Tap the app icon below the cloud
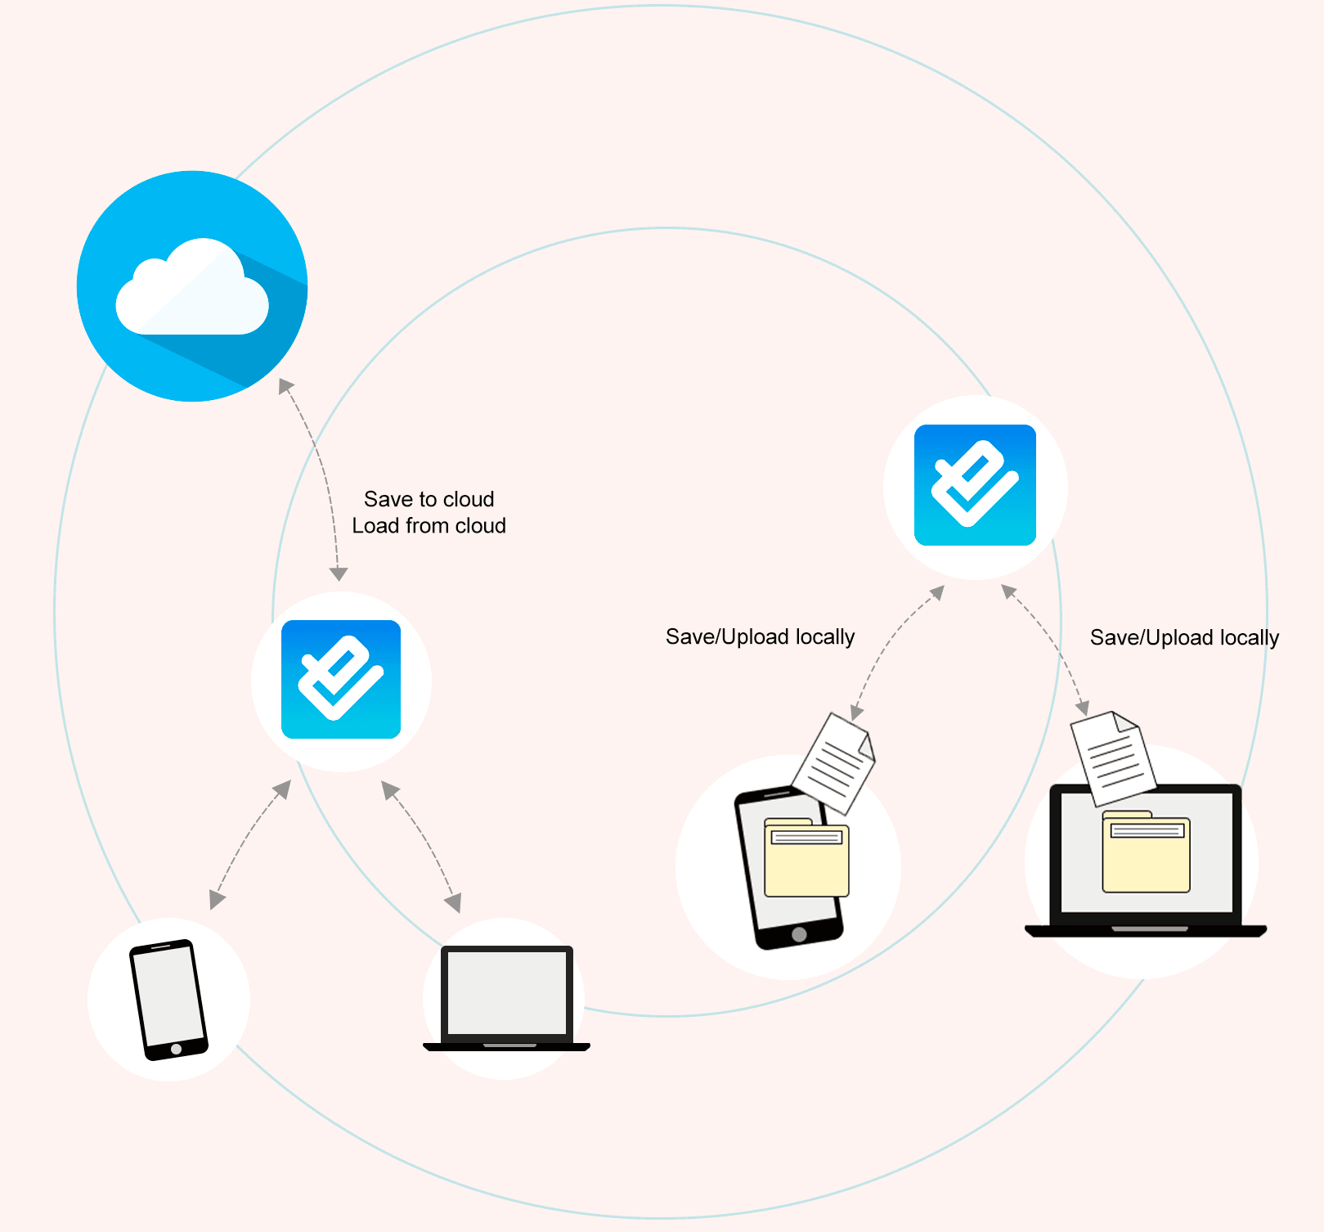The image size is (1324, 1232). pyautogui.click(x=341, y=680)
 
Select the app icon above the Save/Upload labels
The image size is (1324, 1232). pyautogui.click(x=975, y=485)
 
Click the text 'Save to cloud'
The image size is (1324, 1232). pyautogui.click(x=429, y=499)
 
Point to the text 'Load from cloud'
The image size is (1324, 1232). pyautogui.click(x=429, y=526)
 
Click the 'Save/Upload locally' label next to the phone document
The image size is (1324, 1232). pyautogui.click(x=760, y=636)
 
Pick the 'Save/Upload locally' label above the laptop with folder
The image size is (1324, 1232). pyautogui.click(x=1183, y=637)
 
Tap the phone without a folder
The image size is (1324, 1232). pyautogui.click(x=168, y=999)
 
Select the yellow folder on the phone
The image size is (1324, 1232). pyautogui.click(x=806, y=859)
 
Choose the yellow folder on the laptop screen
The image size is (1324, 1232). pyautogui.click(x=1146, y=852)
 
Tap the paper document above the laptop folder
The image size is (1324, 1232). pyautogui.click(x=1113, y=758)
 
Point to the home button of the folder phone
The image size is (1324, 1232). pyautogui.click(x=799, y=934)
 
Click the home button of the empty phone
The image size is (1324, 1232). pyautogui.click(x=176, y=1049)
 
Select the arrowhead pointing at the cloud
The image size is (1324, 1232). pyautogui.click(x=285, y=384)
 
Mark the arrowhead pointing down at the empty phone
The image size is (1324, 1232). pyautogui.click(x=216, y=901)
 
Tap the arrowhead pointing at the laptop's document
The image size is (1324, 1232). pyautogui.click(x=1082, y=708)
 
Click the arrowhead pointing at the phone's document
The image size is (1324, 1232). pyautogui.click(x=856, y=713)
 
